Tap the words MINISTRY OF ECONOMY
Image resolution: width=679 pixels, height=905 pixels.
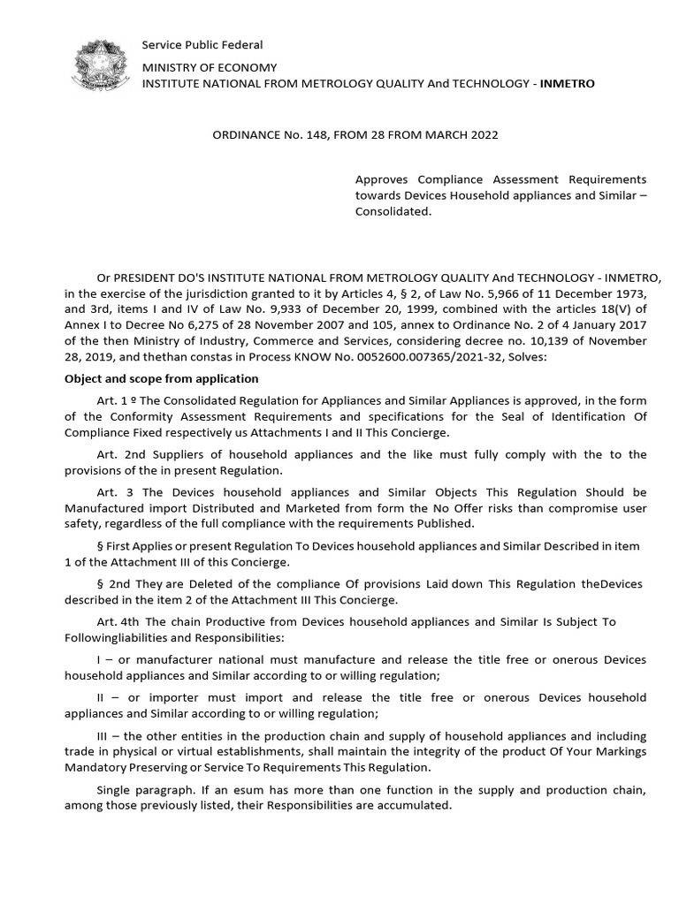(210, 67)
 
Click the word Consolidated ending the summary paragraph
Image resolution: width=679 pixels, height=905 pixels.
(393, 212)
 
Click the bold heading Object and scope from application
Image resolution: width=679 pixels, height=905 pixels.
(161, 379)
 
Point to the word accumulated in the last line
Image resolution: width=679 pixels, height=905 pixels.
(417, 806)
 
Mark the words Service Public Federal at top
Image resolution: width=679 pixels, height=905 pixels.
(202, 45)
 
